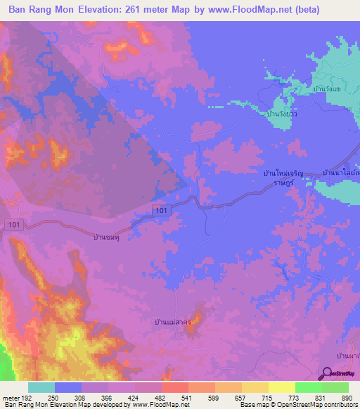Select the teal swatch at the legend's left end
tap(41, 387)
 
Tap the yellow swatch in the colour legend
tap(281, 387)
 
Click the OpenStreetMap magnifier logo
tap(328, 375)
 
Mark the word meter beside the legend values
tap(10, 398)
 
